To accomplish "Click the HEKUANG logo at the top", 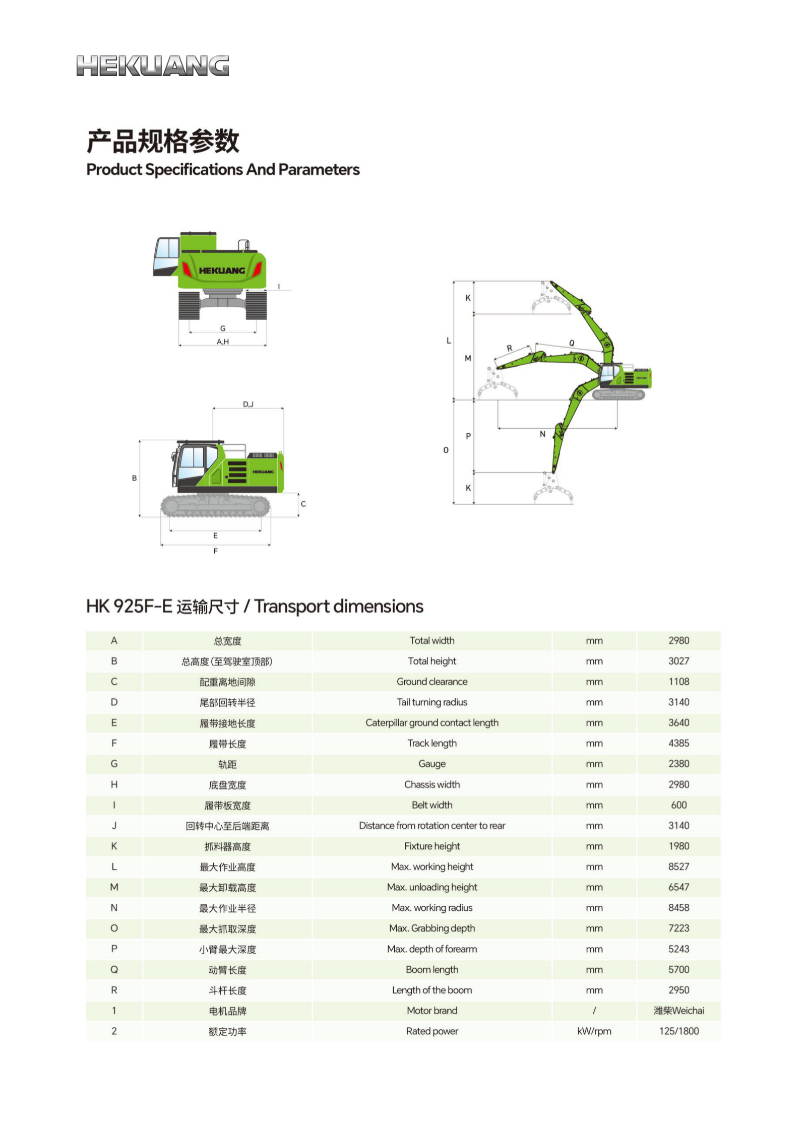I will point(153,66).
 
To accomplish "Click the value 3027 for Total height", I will point(678,661).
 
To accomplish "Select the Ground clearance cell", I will point(432,682).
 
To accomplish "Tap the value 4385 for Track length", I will point(678,743).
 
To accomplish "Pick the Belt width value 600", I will point(678,805).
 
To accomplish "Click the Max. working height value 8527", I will point(678,867).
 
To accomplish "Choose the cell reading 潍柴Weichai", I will point(678,1011).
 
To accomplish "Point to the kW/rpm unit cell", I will point(594,1031).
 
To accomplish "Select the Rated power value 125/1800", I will point(678,1031).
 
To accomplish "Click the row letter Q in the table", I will point(114,969).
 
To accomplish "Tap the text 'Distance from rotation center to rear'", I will point(432,826).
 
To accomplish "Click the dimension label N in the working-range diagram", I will point(542,434).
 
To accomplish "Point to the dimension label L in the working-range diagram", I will point(449,341).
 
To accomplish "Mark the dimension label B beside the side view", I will point(135,478).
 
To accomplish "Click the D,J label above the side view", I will point(248,404).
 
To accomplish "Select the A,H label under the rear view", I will point(223,342).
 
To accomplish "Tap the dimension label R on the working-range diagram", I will point(510,348).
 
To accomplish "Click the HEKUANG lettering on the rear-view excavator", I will point(222,271).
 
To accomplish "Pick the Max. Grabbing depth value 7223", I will point(678,928).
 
